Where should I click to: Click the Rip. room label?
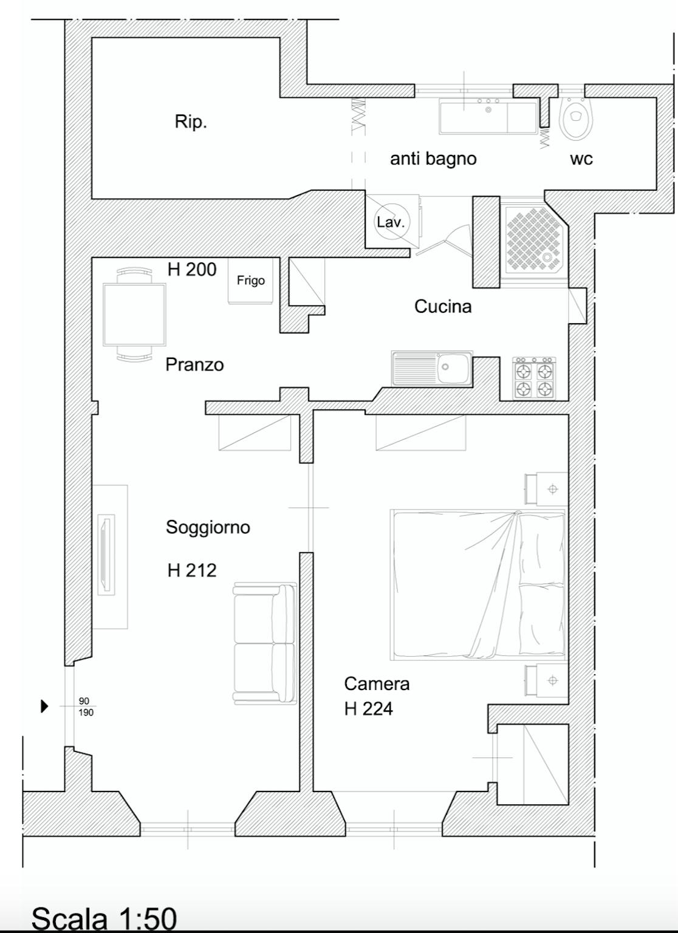tap(191, 122)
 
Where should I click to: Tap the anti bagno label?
tap(433, 159)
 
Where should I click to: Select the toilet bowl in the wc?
tap(576, 118)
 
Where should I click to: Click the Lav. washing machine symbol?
tap(391, 222)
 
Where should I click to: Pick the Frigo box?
tap(250, 280)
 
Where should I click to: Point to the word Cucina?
tap(443, 307)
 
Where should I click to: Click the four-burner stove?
tap(535, 377)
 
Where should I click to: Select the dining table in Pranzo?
tap(134, 315)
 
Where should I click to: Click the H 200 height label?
tap(192, 270)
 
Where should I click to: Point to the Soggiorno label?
tap(208, 528)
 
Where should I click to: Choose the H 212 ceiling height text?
tap(192, 570)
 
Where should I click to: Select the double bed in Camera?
tap(478, 585)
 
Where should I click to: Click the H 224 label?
tap(369, 708)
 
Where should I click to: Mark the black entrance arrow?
tap(44, 706)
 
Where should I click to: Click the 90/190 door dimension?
tap(86, 706)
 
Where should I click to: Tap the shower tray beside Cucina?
tap(536, 241)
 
